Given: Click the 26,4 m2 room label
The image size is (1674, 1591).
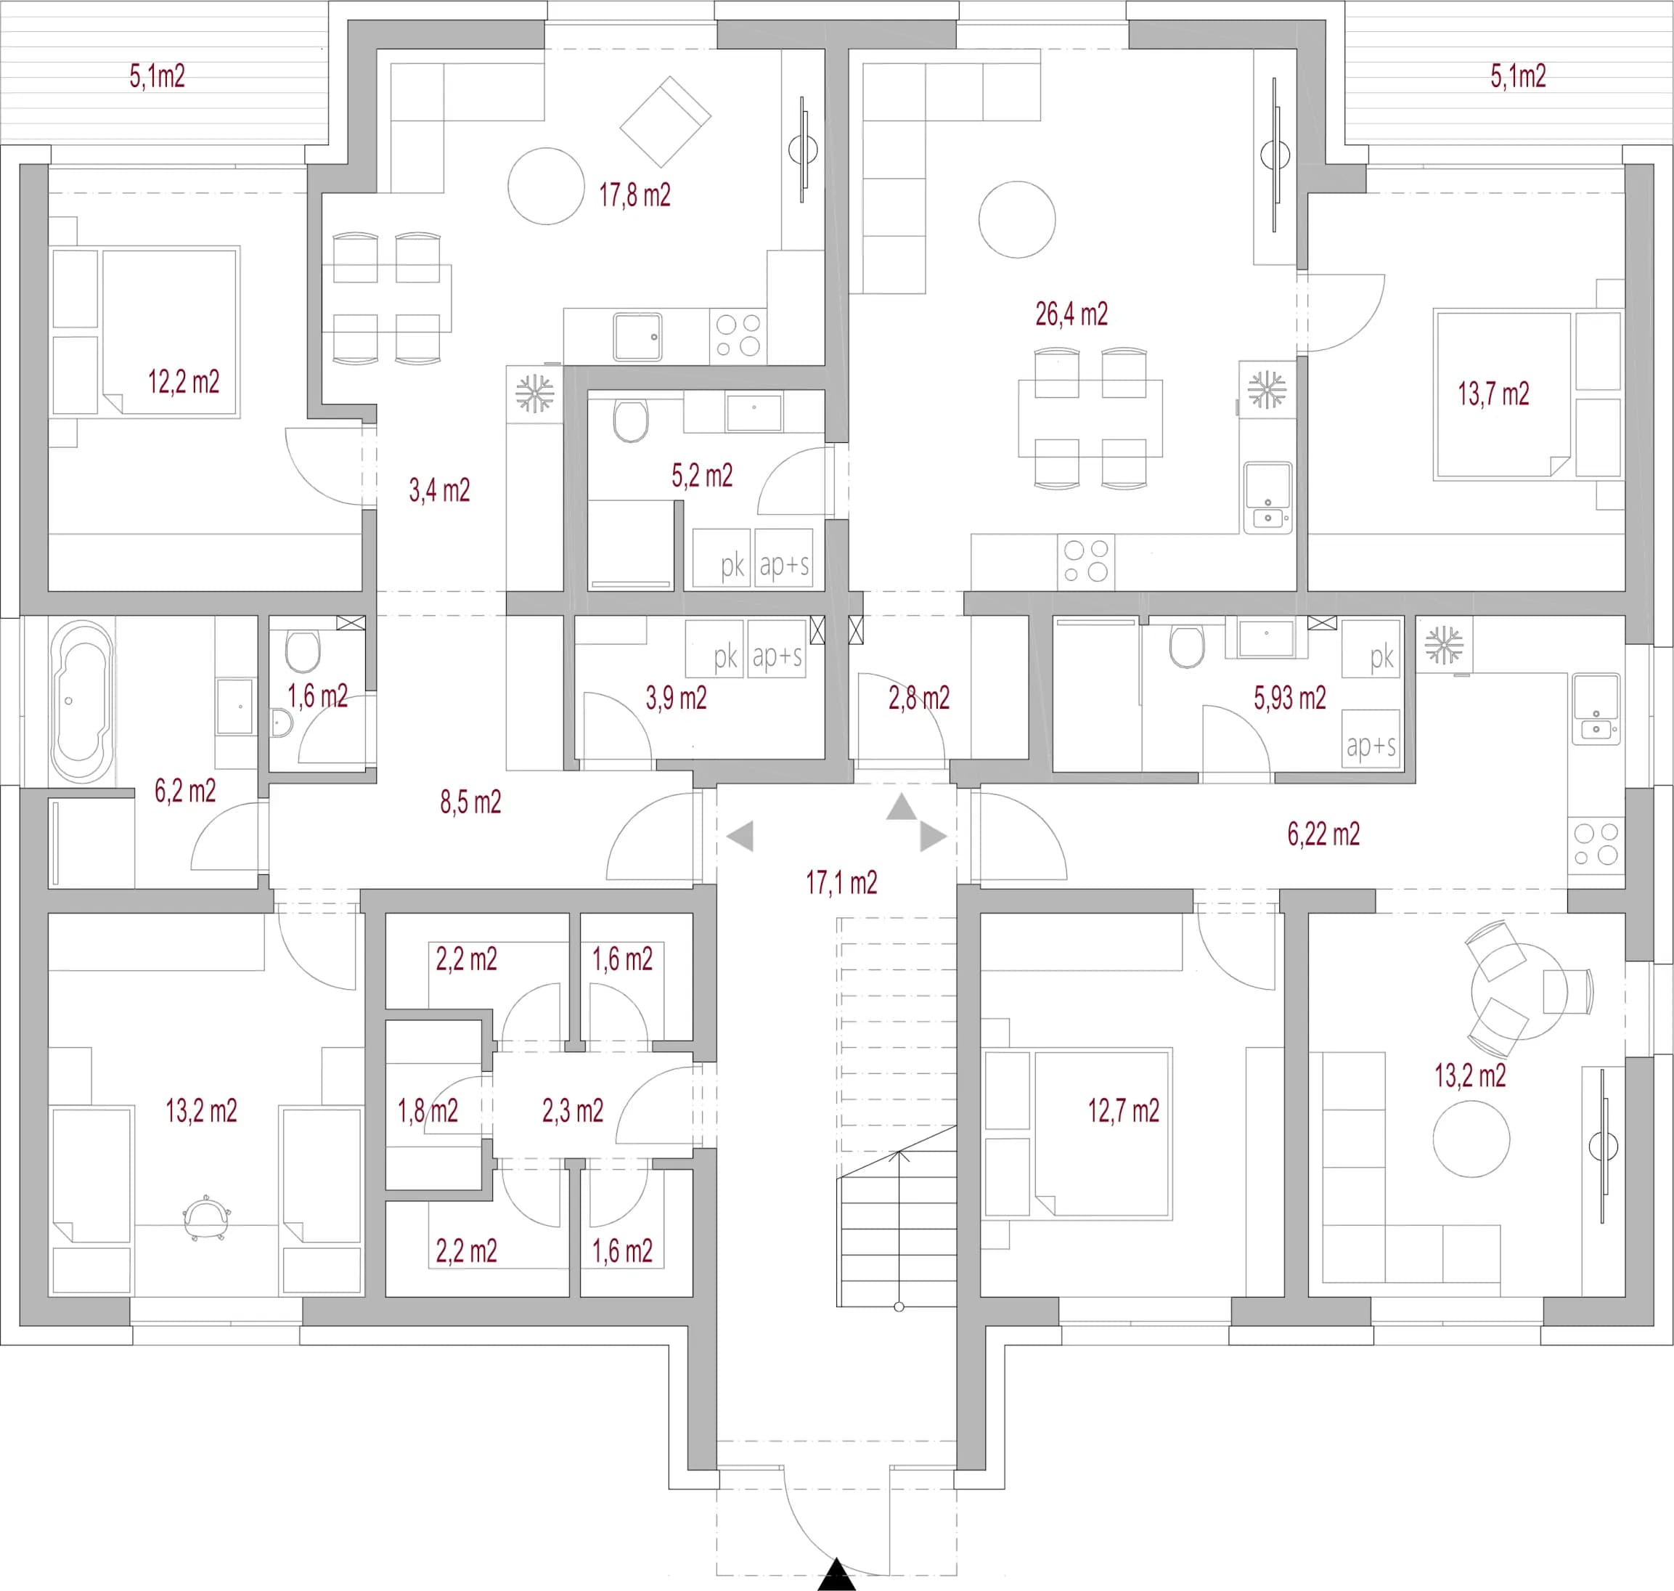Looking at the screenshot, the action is pos(1071,314).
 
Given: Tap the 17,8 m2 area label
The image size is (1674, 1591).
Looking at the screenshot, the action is pos(634,196).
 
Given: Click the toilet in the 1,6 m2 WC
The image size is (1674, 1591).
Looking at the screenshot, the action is pos(303,651).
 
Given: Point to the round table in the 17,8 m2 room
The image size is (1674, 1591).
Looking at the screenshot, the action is pos(546,186).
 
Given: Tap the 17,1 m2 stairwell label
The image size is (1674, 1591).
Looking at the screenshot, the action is pos(841,884).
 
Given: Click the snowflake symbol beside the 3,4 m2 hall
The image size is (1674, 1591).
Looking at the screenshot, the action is pos(534,394).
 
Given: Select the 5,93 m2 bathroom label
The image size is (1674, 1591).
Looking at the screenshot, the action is pos(1289,698).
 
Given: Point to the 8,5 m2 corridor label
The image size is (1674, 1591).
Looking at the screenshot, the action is pos(470,802).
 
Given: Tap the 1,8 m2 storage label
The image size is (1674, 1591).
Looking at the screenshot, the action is pos(428,1111).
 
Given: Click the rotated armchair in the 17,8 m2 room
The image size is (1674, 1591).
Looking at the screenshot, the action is pos(665,121).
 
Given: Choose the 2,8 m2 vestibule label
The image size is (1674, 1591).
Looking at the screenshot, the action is pos(918,698).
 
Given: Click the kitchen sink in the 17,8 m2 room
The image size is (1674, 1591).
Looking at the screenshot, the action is pos(637,337).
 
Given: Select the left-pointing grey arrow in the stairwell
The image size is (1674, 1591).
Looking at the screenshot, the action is pos(740,837).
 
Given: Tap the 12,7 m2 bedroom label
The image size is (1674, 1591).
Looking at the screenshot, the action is pos(1124,1111).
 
